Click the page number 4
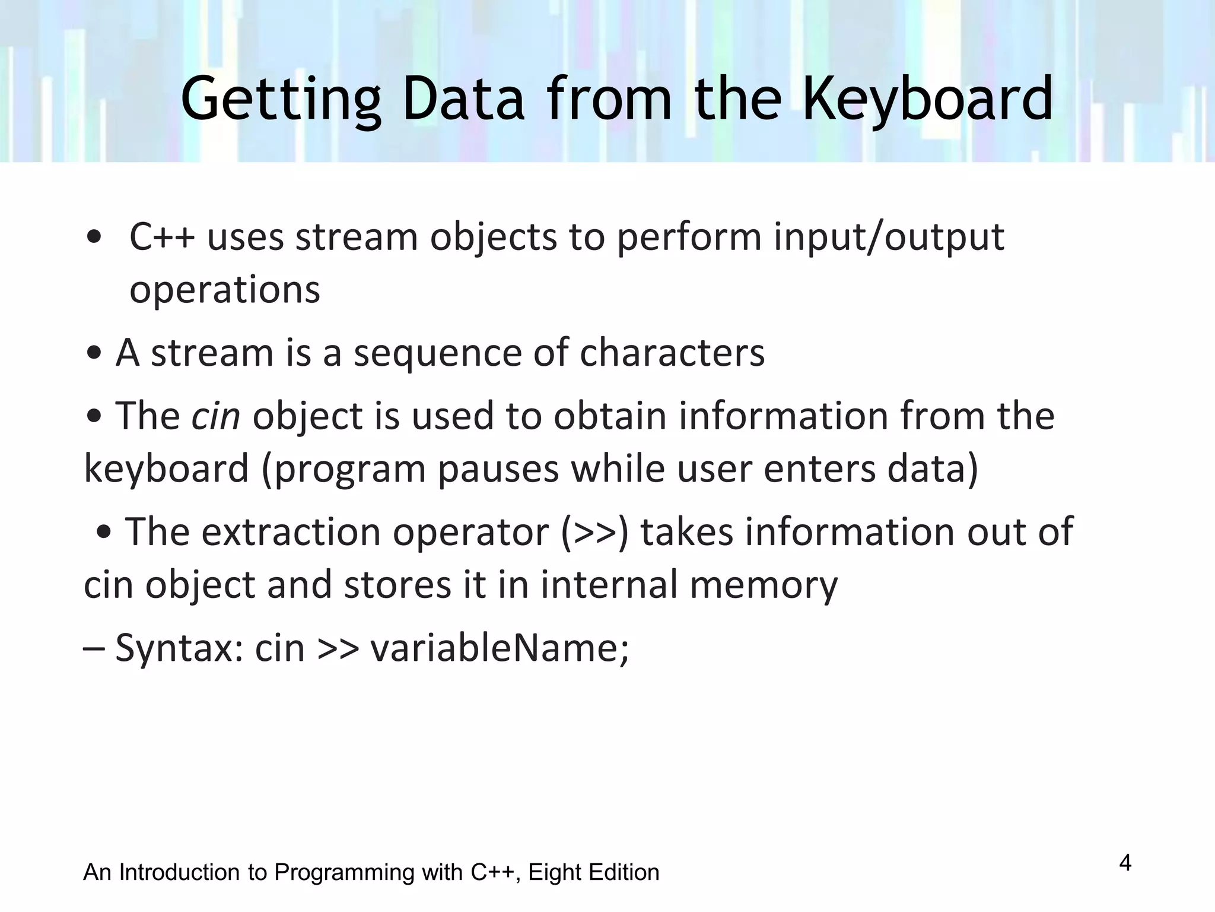pyautogui.click(x=1125, y=863)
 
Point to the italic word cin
pyautogui.click(x=215, y=416)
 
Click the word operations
pyautogui.click(x=225, y=290)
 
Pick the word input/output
pyautogui.click(x=889, y=237)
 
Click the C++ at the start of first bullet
pyautogui.click(x=161, y=237)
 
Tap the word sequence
pyautogui.click(x=437, y=353)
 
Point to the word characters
pyautogui.click(x=672, y=353)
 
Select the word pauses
pyautogui.click(x=498, y=469)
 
